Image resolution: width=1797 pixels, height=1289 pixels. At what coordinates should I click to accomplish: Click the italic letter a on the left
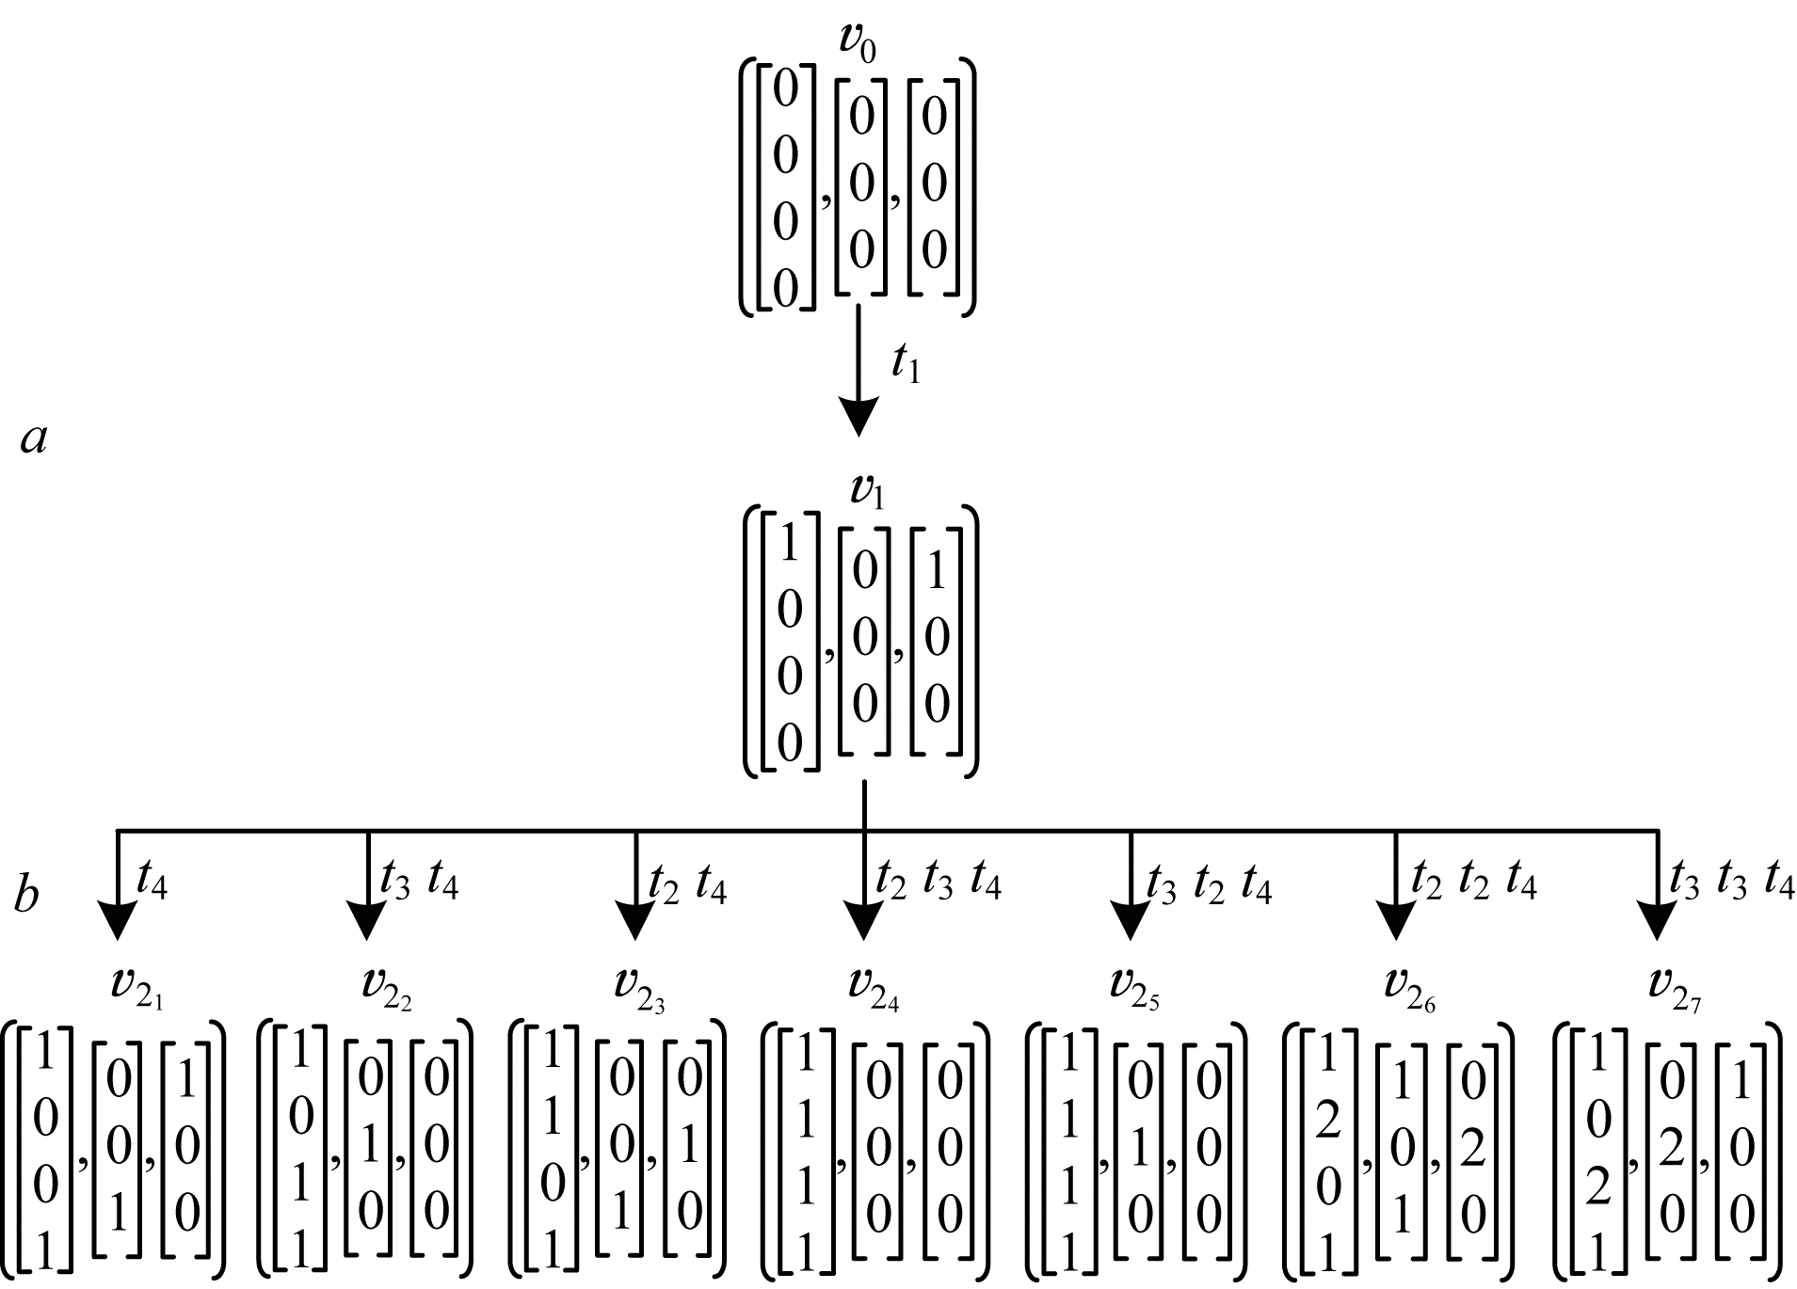[34, 438]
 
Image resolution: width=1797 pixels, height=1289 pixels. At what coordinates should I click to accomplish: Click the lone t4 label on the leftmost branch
[152, 882]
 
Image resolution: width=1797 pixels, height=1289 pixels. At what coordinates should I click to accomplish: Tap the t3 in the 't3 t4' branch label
[395, 882]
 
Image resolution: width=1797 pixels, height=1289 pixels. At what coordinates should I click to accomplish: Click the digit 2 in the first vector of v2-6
[1326, 1127]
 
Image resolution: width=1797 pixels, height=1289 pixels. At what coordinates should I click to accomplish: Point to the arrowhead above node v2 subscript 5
[1130, 919]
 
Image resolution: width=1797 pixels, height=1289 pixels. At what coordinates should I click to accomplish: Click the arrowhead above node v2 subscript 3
[635, 919]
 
